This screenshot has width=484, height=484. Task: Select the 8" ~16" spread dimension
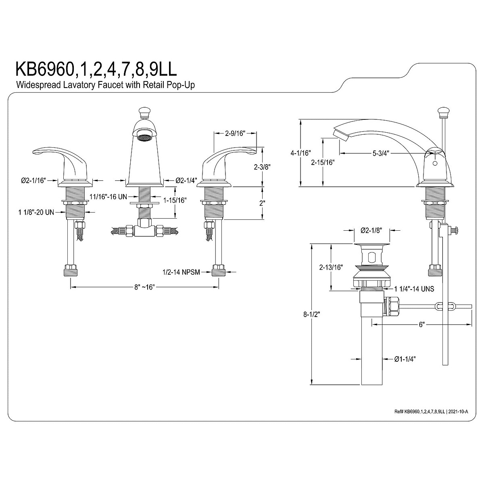click(x=145, y=287)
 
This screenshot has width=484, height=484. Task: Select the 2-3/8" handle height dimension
click(x=263, y=166)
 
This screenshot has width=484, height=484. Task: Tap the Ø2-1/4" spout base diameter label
click(x=187, y=181)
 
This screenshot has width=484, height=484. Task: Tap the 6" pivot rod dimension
click(x=422, y=324)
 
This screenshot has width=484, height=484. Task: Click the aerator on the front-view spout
click(x=144, y=138)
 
